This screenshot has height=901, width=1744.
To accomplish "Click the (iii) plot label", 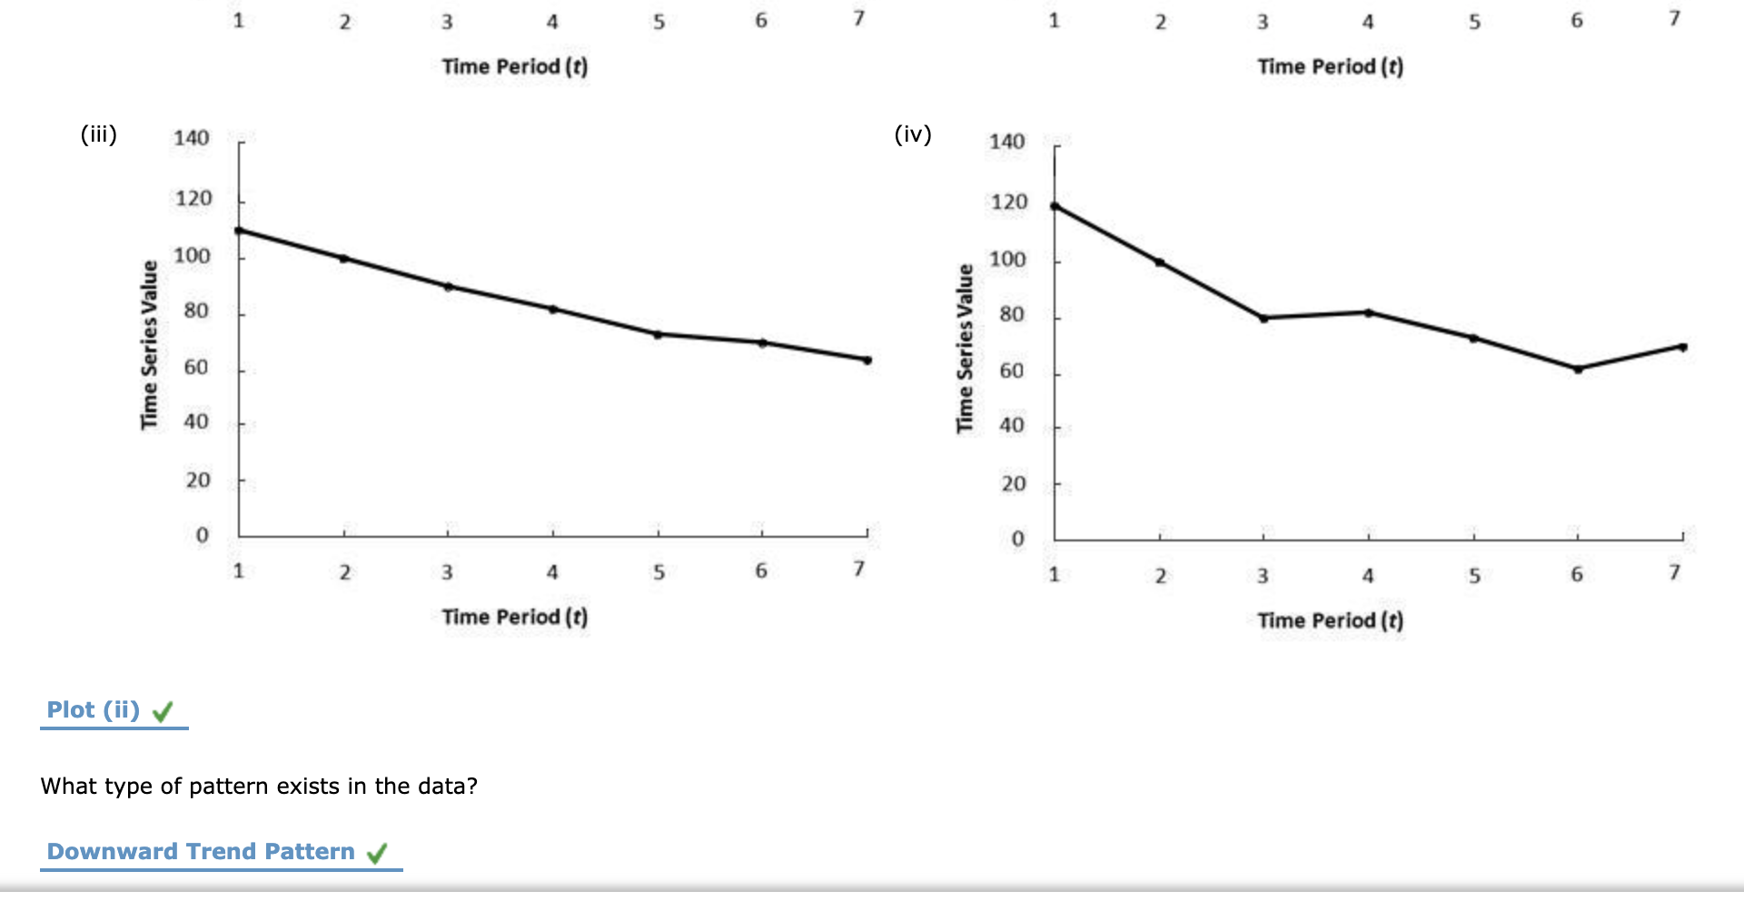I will [x=99, y=134].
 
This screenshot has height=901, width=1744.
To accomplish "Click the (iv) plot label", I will [x=913, y=134].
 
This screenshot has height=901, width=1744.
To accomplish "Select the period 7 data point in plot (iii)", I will [x=867, y=361].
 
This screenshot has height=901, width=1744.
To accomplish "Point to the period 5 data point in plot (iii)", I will [x=658, y=334].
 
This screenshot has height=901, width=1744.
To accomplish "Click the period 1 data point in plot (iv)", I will [x=1055, y=206].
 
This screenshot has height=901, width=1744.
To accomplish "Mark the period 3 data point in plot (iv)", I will [x=1263, y=318].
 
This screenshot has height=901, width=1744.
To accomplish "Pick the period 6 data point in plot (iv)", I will [x=1578, y=369].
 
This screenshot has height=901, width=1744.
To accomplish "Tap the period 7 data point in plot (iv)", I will [x=1682, y=347].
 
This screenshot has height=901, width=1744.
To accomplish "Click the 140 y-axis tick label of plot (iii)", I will [x=191, y=138].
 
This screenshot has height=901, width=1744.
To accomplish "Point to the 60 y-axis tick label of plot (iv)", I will [x=1011, y=371].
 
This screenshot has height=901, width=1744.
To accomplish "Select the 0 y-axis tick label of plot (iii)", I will [x=202, y=535].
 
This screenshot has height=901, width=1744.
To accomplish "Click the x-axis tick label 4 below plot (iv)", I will [x=1368, y=576].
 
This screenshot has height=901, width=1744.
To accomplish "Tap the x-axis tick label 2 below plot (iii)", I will [x=344, y=572].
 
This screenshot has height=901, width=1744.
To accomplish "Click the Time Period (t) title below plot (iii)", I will [x=514, y=618].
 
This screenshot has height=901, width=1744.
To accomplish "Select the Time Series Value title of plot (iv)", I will [x=965, y=348].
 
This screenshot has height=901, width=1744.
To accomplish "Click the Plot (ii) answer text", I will [x=93, y=709].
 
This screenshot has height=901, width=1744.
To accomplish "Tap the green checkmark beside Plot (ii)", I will [x=163, y=711].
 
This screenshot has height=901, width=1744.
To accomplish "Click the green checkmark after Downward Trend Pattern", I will [x=377, y=853].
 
